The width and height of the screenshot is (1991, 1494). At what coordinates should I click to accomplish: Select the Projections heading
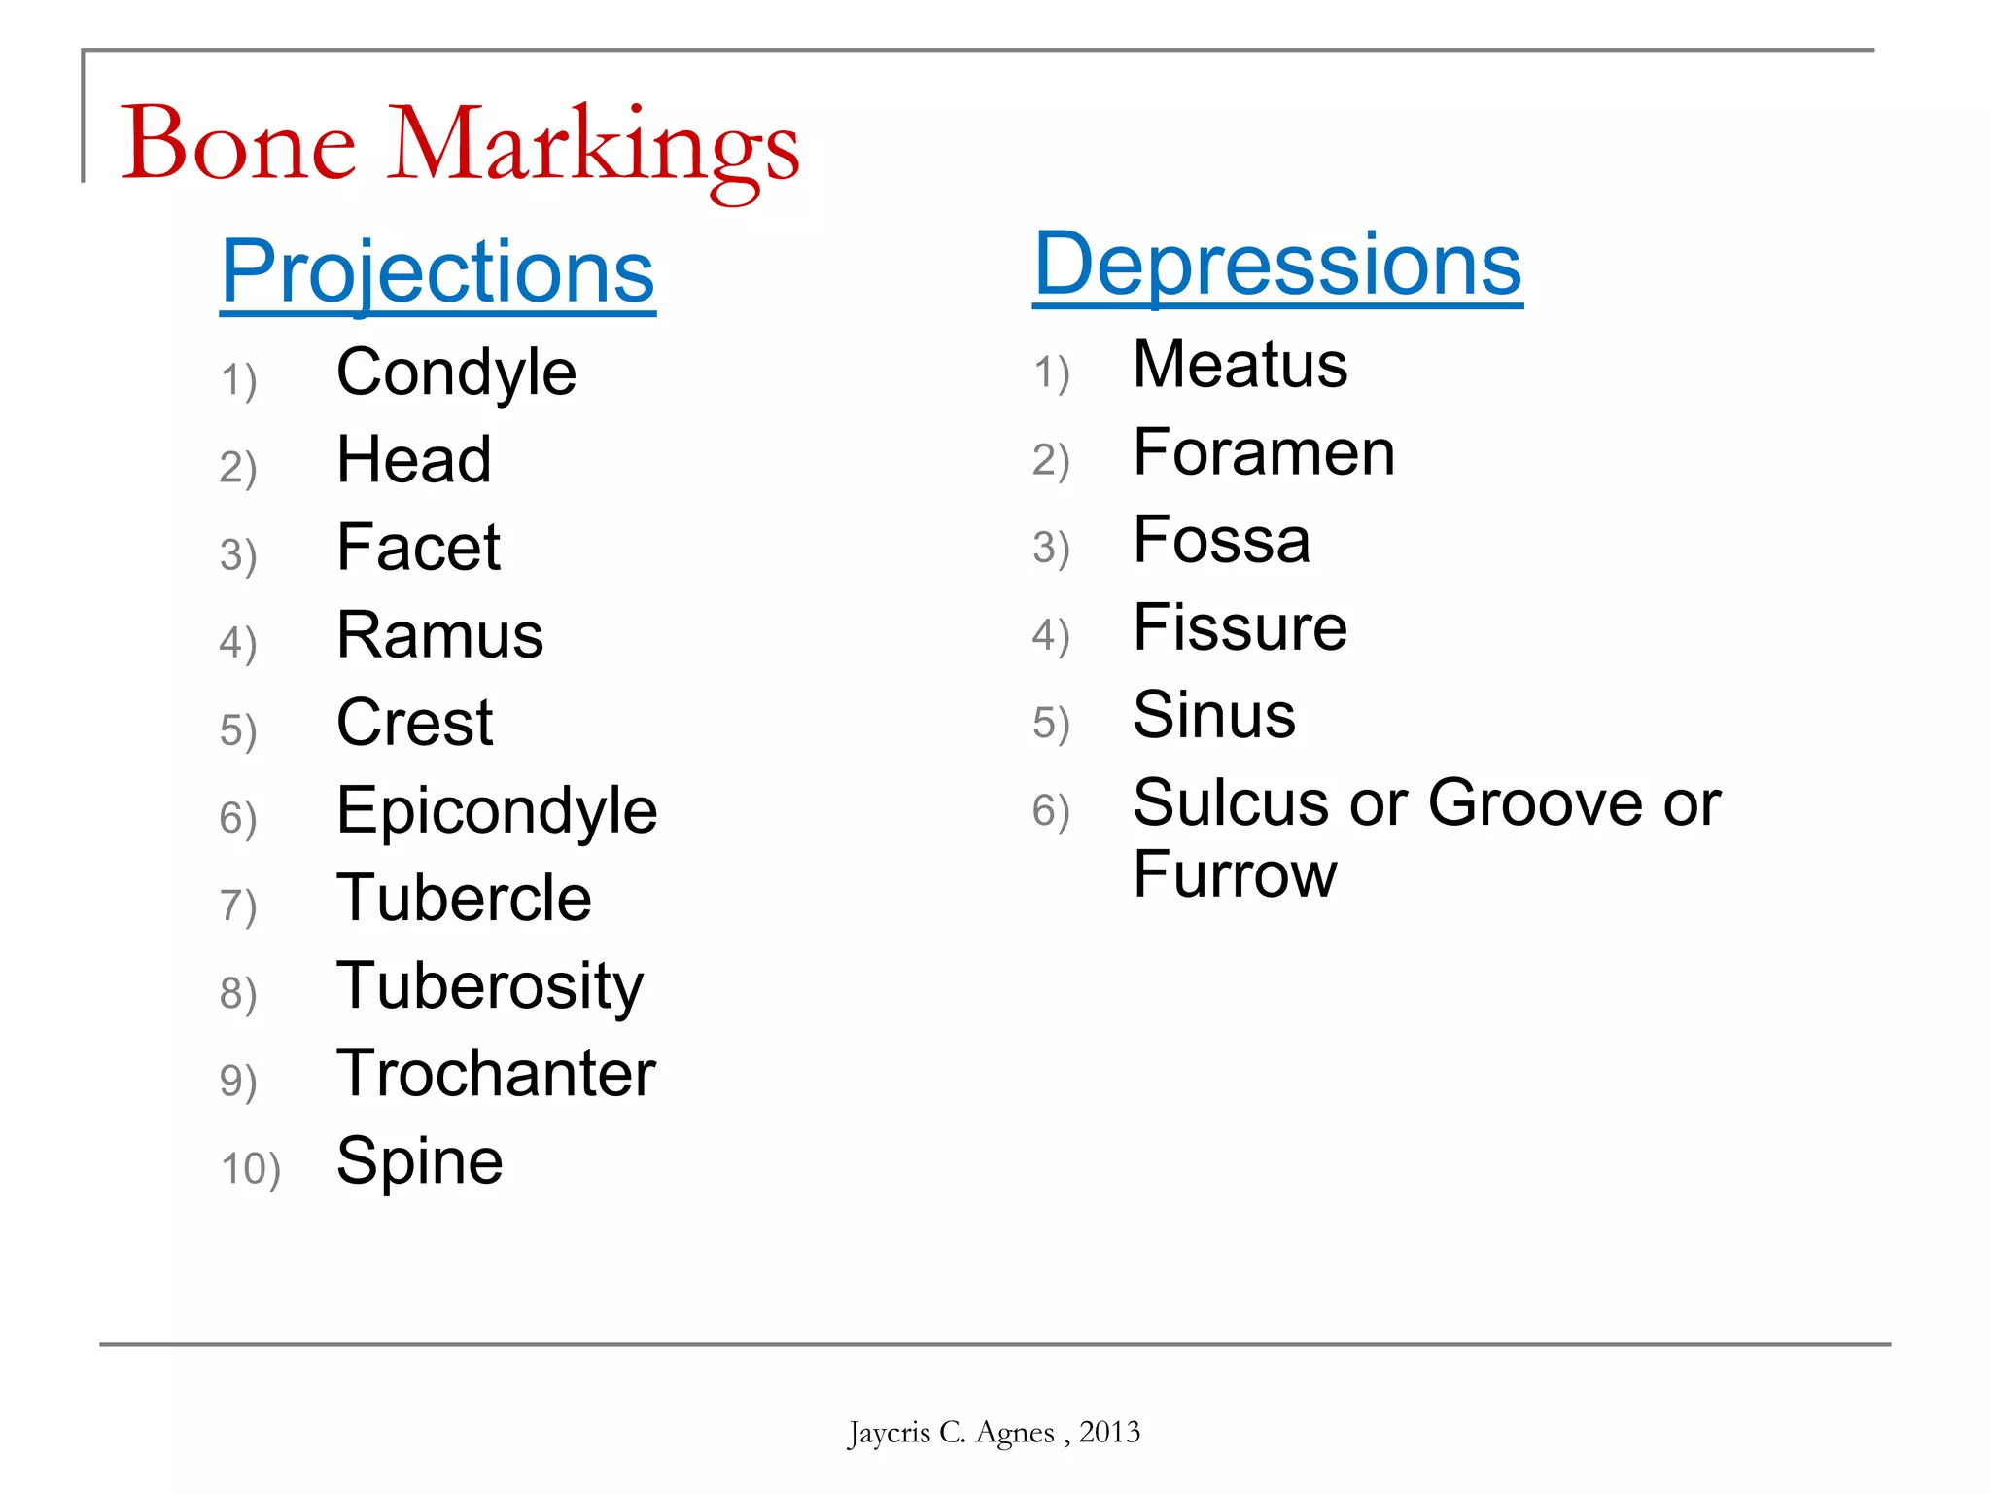pyautogui.click(x=437, y=271)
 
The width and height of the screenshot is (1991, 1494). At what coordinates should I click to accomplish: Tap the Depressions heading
pyautogui.click(x=1277, y=265)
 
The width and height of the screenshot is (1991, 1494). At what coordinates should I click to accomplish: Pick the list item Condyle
pyautogui.click(x=456, y=373)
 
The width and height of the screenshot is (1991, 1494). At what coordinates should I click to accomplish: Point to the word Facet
pyautogui.click(x=418, y=548)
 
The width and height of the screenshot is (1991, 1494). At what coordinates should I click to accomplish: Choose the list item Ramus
pyautogui.click(x=439, y=635)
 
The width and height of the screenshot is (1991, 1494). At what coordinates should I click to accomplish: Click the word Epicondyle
pyautogui.click(x=497, y=811)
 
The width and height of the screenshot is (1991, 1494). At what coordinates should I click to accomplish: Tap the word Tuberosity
pyautogui.click(x=490, y=987)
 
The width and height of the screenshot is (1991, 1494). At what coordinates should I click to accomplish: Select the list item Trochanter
pyautogui.click(x=496, y=1074)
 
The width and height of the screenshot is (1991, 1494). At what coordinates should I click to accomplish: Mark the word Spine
pyautogui.click(x=420, y=1161)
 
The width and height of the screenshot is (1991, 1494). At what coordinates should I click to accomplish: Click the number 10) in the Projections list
pyautogui.click(x=251, y=1168)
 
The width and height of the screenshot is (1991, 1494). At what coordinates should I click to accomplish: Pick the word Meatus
pyautogui.click(x=1240, y=366)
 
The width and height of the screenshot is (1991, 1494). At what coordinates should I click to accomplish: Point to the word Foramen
pyautogui.click(x=1264, y=453)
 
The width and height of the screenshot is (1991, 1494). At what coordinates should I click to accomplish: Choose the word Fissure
pyautogui.click(x=1240, y=628)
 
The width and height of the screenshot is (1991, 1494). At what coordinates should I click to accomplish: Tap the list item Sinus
pyautogui.click(x=1214, y=716)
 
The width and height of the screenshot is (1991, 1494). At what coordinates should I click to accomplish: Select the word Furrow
pyautogui.click(x=1235, y=874)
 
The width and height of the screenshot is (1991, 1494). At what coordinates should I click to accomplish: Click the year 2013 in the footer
pyautogui.click(x=1109, y=1432)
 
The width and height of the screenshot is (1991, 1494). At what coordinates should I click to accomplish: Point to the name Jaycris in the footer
pyautogui.click(x=889, y=1433)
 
